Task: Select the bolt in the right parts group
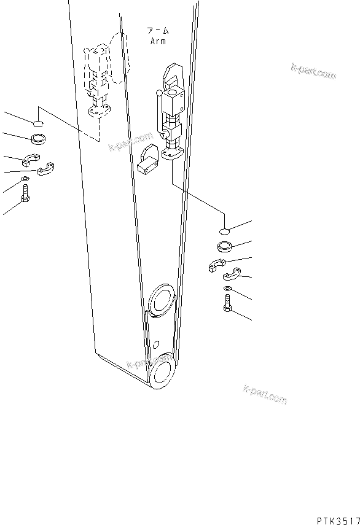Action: pos(227,303)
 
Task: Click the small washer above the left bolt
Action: pos(25,179)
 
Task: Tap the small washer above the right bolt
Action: pos(228,288)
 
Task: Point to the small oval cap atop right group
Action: pos(225,231)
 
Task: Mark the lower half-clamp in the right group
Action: pos(232,276)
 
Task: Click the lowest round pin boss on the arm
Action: pos(162,372)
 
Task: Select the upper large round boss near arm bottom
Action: pos(162,300)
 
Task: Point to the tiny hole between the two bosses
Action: pos(157,344)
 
